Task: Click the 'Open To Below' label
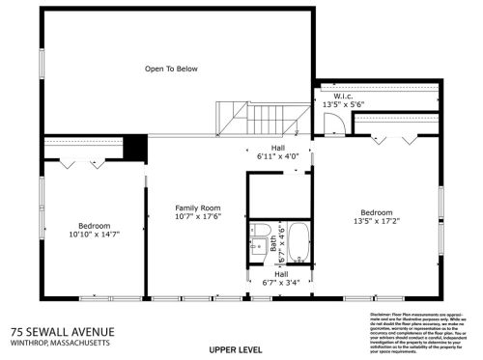[171, 69]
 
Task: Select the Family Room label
[197, 208]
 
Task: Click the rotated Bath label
[274, 243]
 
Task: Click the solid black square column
[135, 148]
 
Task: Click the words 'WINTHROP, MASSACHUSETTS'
[60, 343]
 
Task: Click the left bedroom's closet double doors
[68, 164]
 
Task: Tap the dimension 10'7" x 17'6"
[197, 216]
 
